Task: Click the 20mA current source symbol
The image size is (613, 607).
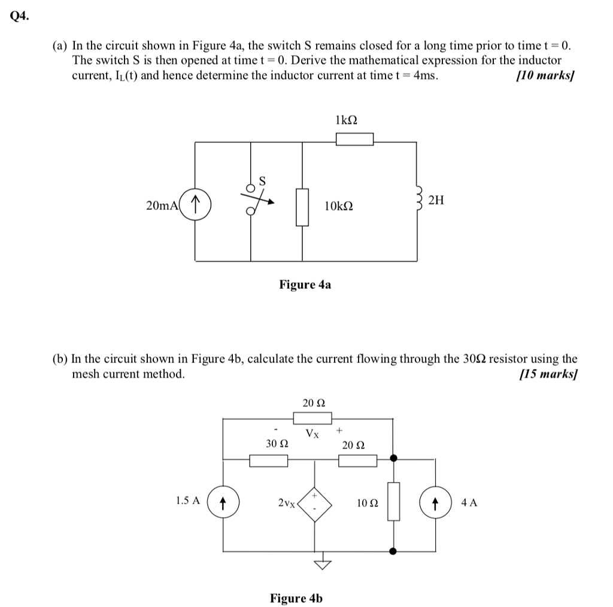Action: click(196, 205)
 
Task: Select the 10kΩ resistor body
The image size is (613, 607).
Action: click(302, 206)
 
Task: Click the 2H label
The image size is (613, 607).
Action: click(437, 200)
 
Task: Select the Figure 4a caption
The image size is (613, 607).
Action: click(305, 285)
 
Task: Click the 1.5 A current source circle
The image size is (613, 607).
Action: click(223, 501)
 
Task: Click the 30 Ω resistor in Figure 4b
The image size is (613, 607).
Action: click(268, 460)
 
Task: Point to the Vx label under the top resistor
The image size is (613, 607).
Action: click(312, 433)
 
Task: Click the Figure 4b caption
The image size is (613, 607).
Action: click(296, 598)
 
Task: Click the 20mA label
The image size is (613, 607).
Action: click(162, 206)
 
